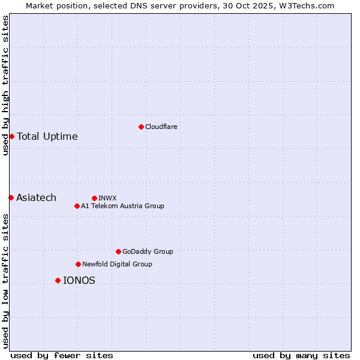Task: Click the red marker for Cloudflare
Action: coord(141,127)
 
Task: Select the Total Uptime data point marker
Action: coord(11,136)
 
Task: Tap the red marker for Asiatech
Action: coord(11,197)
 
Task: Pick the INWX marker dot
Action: coord(94,198)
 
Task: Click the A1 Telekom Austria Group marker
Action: coord(77,206)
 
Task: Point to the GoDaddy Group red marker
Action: coord(118,251)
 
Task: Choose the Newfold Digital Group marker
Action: coord(78,264)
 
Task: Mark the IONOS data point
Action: coord(58,280)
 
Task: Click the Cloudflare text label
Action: coord(161,127)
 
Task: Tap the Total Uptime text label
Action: coord(47,136)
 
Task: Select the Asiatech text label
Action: coord(37,197)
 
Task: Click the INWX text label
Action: coord(108,198)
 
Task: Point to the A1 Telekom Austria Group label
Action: coord(123,206)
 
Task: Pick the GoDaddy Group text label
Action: coord(148,251)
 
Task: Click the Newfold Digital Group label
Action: coord(118,264)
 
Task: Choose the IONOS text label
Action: coord(79,280)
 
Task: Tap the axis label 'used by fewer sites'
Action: coord(62,355)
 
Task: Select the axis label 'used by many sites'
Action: coord(301,355)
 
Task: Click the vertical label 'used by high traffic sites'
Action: coord(5,85)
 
